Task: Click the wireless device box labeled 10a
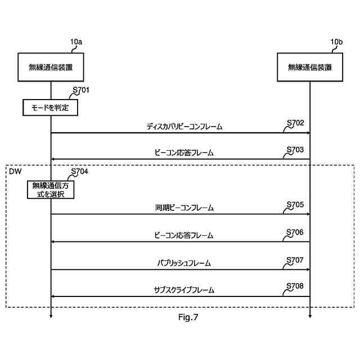[x=51, y=67]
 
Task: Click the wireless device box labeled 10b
[x=309, y=67]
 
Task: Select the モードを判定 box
[x=50, y=107]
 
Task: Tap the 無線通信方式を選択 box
[x=50, y=190]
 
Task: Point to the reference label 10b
[x=336, y=42]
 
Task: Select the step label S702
[x=295, y=123]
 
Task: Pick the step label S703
[x=295, y=150]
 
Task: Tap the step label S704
[x=80, y=172]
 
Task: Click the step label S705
[x=295, y=205]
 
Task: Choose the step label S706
[x=295, y=232]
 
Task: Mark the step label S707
[x=295, y=260]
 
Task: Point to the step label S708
[x=295, y=286]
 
